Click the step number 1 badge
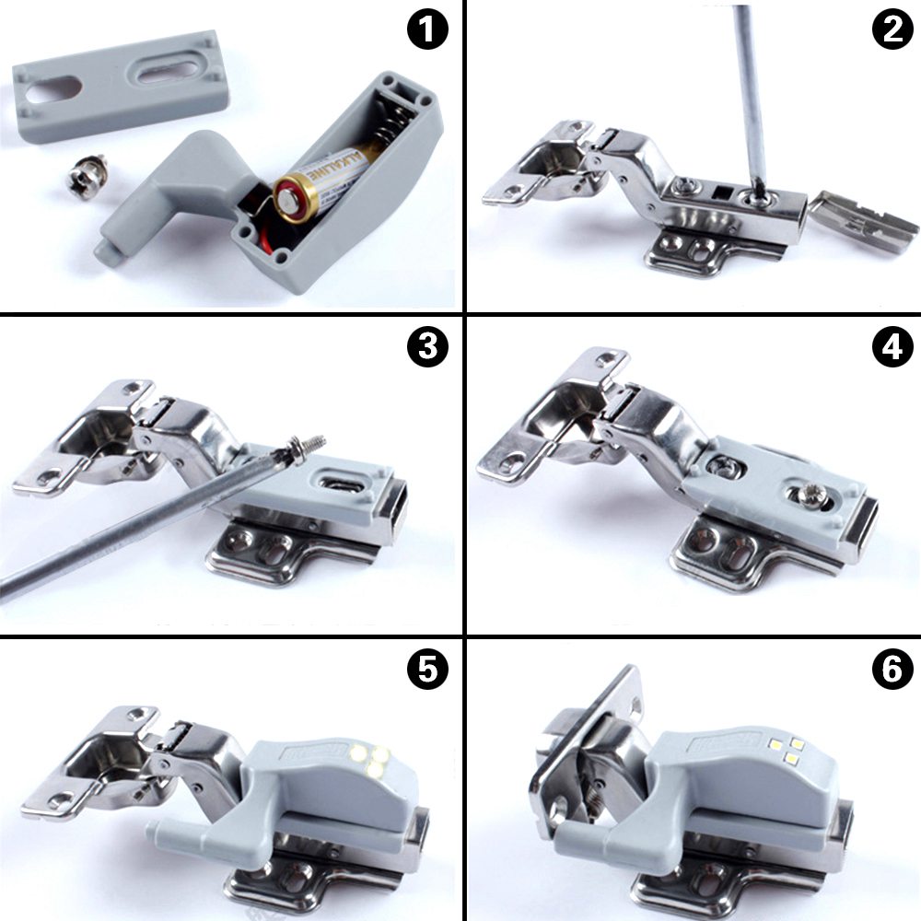click(x=426, y=30)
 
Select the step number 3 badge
click(x=426, y=347)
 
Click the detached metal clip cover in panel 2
click(x=866, y=221)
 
